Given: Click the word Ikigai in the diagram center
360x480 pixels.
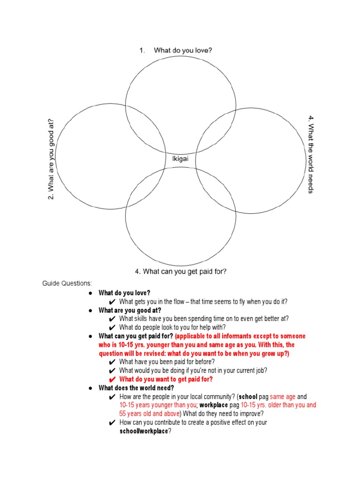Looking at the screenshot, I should pos(180,159).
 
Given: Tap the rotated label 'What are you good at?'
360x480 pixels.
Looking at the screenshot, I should pos(51,159).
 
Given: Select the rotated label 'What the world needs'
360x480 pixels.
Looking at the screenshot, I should pos(310,154).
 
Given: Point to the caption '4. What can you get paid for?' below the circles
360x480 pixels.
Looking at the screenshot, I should pos(180,271).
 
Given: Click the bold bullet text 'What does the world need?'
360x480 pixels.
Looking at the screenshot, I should pos(136,388).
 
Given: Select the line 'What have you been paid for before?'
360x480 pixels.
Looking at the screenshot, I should pos(167,362).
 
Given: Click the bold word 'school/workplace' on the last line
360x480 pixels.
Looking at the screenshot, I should pos(143,431).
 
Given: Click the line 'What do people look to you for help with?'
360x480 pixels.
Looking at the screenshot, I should pos(172,327).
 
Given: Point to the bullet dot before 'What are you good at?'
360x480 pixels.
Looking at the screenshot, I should pos(91,310).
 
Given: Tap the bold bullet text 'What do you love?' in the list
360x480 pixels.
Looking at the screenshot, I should pos(124,293).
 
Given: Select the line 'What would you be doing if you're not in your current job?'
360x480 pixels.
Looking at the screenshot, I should pos(193,370).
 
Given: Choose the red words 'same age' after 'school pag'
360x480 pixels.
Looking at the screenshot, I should pos(283,397).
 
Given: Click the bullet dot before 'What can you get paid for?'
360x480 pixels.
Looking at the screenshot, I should pos(91,336).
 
